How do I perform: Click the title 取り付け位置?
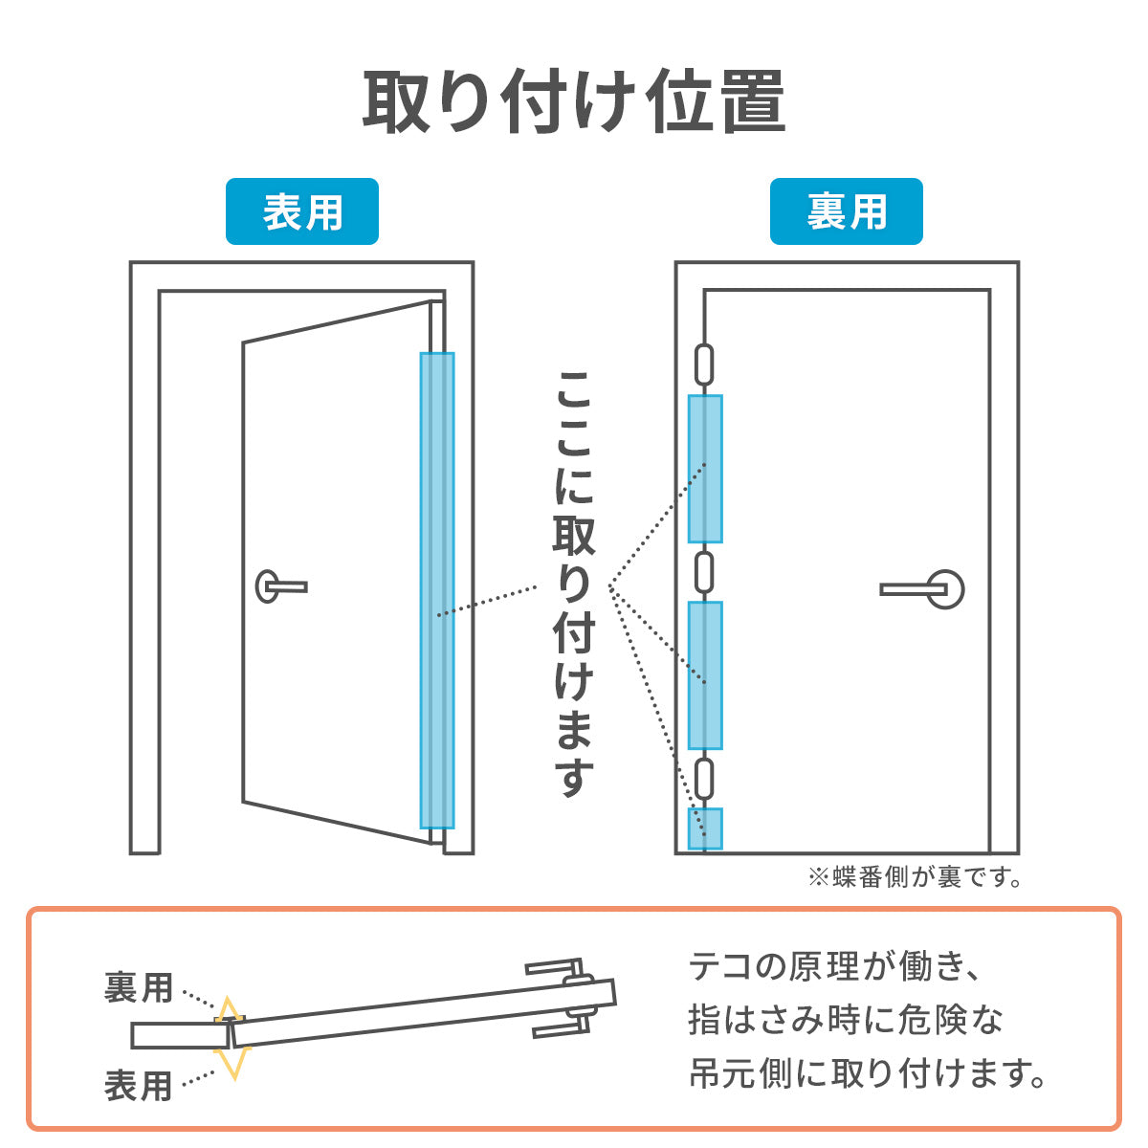(574, 101)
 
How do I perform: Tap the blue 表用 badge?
(302, 211)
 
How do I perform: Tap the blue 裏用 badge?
(846, 211)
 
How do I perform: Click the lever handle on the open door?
(281, 586)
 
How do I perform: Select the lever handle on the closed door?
(922, 589)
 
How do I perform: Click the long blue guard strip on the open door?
(437, 590)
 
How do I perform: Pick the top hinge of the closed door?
(704, 364)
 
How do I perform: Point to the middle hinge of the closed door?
(704, 572)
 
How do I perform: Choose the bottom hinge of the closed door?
(704, 780)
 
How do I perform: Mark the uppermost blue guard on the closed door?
(705, 469)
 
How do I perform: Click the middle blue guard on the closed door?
(705, 675)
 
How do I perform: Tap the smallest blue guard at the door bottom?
(705, 828)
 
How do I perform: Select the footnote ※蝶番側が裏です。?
(915, 877)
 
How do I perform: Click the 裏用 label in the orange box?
(138, 988)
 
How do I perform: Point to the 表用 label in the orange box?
(138, 1086)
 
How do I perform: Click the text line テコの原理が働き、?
(834, 967)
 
